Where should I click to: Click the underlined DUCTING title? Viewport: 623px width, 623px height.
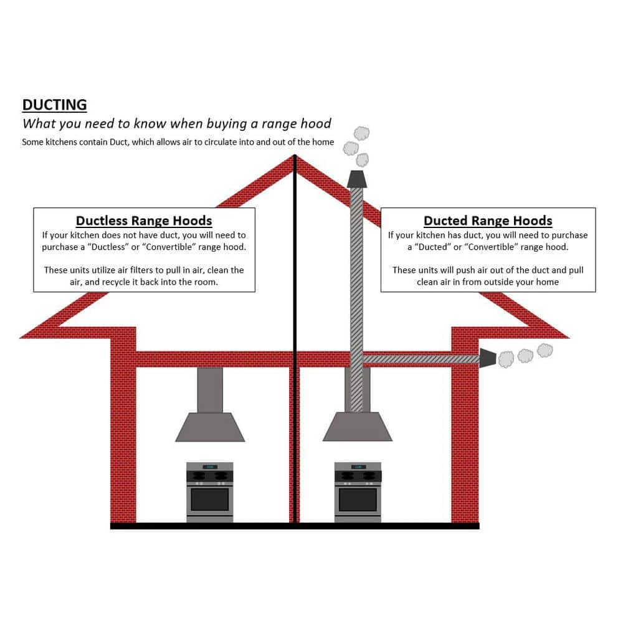click(55, 104)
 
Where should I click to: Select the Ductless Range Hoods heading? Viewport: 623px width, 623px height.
click(144, 221)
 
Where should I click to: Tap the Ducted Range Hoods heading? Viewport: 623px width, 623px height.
click(488, 221)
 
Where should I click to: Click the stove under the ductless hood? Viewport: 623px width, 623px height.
click(209, 492)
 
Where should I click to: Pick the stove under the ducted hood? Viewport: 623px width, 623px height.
click(358, 492)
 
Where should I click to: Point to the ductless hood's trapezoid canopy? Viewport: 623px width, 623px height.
click(210, 427)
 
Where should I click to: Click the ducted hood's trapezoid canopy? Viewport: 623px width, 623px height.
click(358, 427)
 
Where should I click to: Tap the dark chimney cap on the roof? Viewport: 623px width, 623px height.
click(356, 179)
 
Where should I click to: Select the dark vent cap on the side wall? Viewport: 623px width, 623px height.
click(487, 358)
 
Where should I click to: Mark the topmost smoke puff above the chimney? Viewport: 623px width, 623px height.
click(361, 133)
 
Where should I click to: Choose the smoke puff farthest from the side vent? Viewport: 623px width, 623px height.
click(545, 350)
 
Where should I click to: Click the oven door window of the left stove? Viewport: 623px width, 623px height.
click(209, 499)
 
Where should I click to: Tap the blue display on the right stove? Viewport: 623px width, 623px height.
click(358, 466)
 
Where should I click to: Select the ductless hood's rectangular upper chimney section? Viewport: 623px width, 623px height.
click(210, 389)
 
